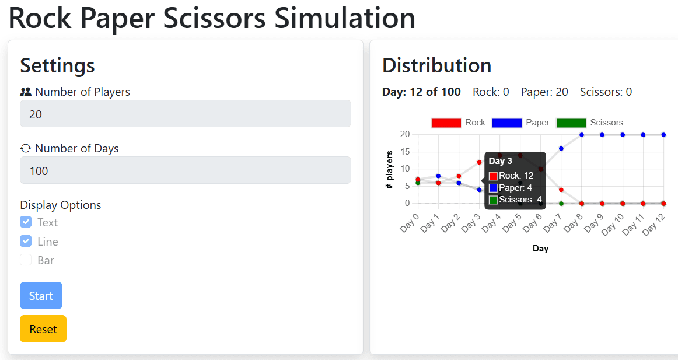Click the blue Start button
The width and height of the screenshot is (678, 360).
41,296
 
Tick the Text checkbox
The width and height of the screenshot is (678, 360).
26,222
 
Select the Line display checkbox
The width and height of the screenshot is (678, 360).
26,242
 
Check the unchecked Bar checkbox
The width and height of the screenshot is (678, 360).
26,260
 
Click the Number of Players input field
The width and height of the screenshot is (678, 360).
185,114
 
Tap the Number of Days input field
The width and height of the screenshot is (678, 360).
185,170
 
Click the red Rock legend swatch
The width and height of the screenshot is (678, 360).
446,123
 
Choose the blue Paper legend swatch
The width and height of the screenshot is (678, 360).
506,123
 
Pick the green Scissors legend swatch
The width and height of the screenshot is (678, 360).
571,123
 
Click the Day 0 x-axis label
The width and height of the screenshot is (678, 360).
409,223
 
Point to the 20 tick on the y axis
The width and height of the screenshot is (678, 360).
404,135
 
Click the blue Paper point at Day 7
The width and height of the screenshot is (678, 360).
561,148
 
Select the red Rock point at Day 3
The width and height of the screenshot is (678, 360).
479,162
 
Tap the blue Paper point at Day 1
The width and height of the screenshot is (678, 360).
438,176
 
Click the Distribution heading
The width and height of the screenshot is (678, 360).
436,65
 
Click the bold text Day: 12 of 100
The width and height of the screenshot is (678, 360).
421,92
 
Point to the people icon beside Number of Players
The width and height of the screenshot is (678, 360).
26,92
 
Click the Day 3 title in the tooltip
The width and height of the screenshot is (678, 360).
500,161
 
